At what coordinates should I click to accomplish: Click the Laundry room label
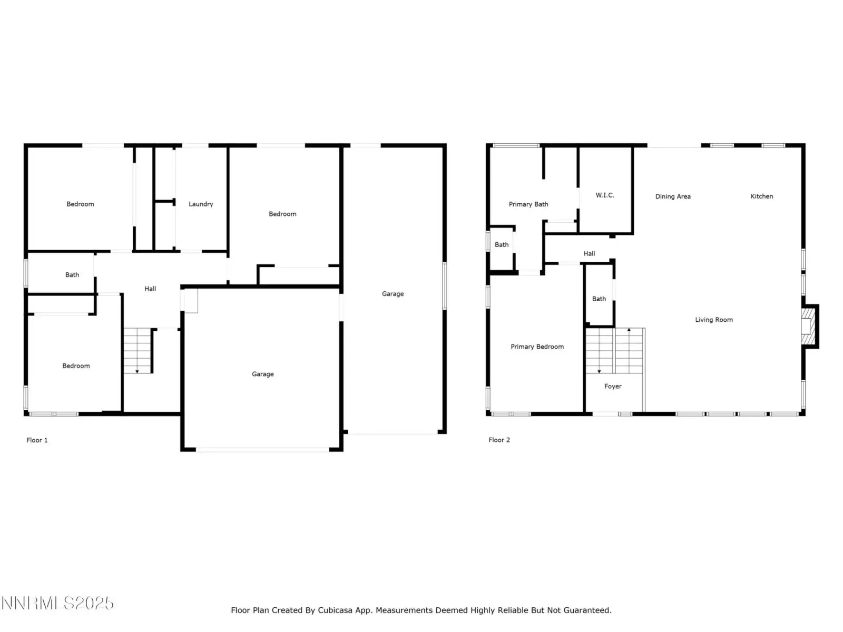click(x=201, y=204)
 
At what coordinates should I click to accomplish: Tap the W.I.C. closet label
click(x=605, y=195)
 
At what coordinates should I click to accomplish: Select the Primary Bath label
click(x=528, y=204)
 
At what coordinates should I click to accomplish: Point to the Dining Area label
click(x=673, y=196)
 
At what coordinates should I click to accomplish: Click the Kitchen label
click(x=762, y=196)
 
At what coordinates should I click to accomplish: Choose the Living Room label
click(x=714, y=320)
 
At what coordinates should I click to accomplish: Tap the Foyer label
click(x=613, y=387)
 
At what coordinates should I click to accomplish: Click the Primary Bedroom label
click(x=537, y=347)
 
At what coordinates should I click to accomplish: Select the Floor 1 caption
click(x=37, y=440)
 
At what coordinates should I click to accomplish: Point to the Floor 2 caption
click(x=499, y=440)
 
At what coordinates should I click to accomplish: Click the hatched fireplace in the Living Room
click(x=808, y=326)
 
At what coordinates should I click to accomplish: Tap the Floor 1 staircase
click(x=137, y=350)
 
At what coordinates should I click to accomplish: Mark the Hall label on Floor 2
click(x=589, y=254)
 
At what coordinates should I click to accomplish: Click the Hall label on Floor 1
click(x=150, y=289)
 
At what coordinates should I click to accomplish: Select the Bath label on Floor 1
click(x=72, y=275)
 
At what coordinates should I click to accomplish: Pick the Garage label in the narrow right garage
click(x=393, y=294)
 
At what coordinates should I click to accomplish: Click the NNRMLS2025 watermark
click(x=57, y=603)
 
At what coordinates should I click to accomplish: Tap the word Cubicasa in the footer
click(x=335, y=610)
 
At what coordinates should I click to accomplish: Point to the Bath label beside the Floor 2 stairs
click(x=599, y=299)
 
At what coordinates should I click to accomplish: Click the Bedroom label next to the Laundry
click(x=282, y=214)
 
